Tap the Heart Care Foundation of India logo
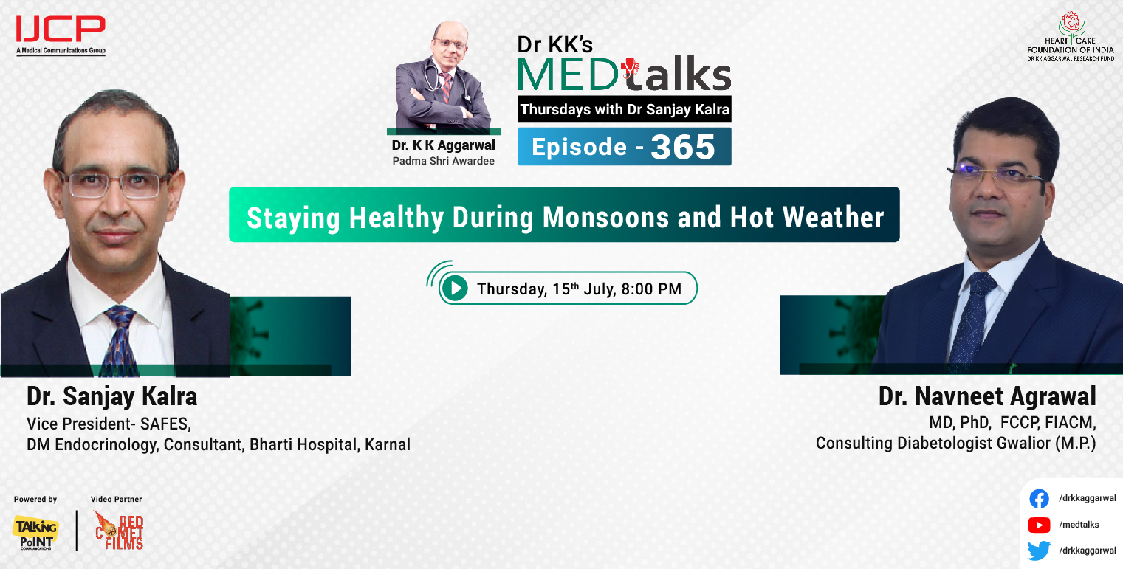click(x=1070, y=35)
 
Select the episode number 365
click(x=683, y=147)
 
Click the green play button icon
click(x=456, y=288)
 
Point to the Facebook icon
click(x=1039, y=500)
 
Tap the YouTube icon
click(x=1039, y=525)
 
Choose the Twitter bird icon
click(x=1039, y=551)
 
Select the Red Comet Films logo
click(x=118, y=531)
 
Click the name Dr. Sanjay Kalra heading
click(x=112, y=397)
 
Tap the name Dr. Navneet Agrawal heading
click(x=987, y=397)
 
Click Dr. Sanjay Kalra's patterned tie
click(x=119, y=339)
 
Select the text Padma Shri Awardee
click(x=444, y=159)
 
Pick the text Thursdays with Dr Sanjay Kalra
click(x=625, y=110)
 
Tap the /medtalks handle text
click(x=1079, y=525)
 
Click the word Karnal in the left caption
click(x=388, y=445)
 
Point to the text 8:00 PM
click(x=651, y=289)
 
